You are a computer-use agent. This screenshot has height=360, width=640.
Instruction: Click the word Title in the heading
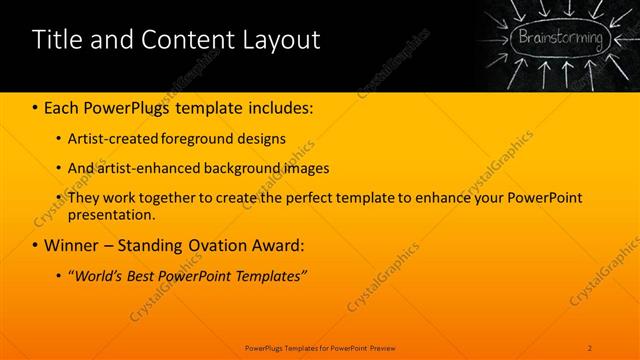pos(56,41)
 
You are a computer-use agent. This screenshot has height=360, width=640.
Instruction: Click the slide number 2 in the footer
pos(590,347)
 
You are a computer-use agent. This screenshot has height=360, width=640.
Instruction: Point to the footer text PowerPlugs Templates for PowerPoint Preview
pos(320,347)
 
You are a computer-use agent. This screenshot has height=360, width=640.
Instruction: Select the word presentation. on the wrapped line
pos(112,214)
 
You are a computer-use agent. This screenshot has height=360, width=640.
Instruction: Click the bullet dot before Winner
pos(36,246)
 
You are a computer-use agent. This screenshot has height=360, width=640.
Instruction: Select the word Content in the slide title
pos(184,41)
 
